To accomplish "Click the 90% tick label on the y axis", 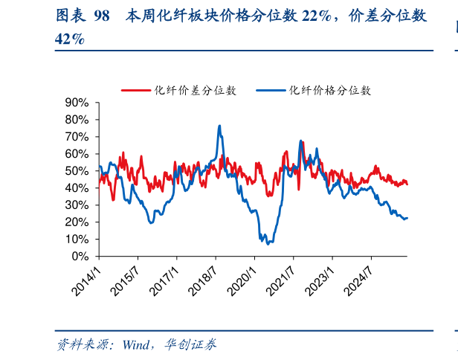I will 77,103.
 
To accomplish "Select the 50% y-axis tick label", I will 77,171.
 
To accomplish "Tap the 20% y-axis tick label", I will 77,222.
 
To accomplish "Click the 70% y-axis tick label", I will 77,137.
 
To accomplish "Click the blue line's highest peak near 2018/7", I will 219,126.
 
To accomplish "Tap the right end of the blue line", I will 407,218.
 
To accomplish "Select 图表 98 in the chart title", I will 83,16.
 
